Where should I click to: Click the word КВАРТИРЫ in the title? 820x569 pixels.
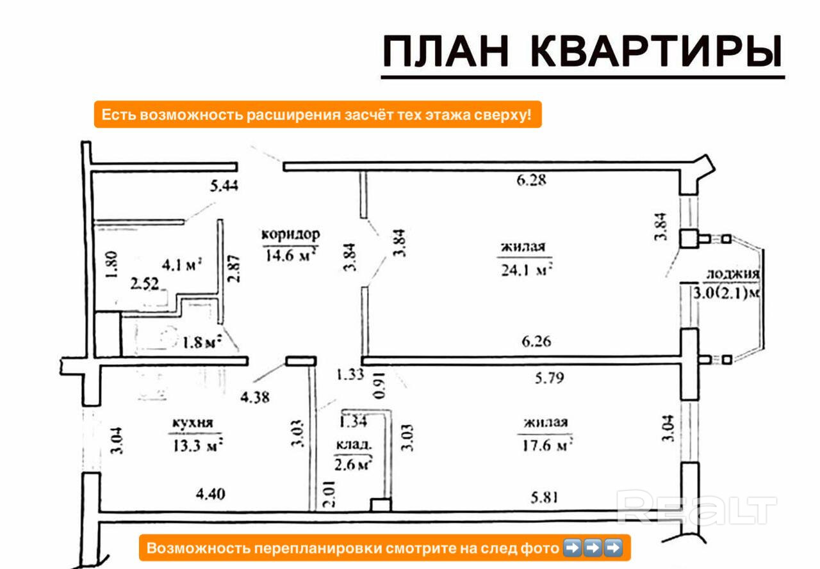coord(657,52)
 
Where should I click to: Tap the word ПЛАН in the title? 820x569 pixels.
coord(446,52)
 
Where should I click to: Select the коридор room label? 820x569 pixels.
coord(290,234)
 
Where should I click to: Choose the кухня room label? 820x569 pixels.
coord(192,423)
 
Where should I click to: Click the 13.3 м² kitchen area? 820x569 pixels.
coord(195,445)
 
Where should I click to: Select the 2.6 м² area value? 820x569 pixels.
coord(353,464)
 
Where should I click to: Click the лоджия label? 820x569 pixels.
coord(732,274)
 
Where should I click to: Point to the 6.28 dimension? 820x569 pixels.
coord(531,180)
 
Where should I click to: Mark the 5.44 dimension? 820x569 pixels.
coord(224,187)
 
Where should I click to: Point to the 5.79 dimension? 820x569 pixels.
coord(550,378)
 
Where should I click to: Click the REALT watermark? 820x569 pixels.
coord(696,507)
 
